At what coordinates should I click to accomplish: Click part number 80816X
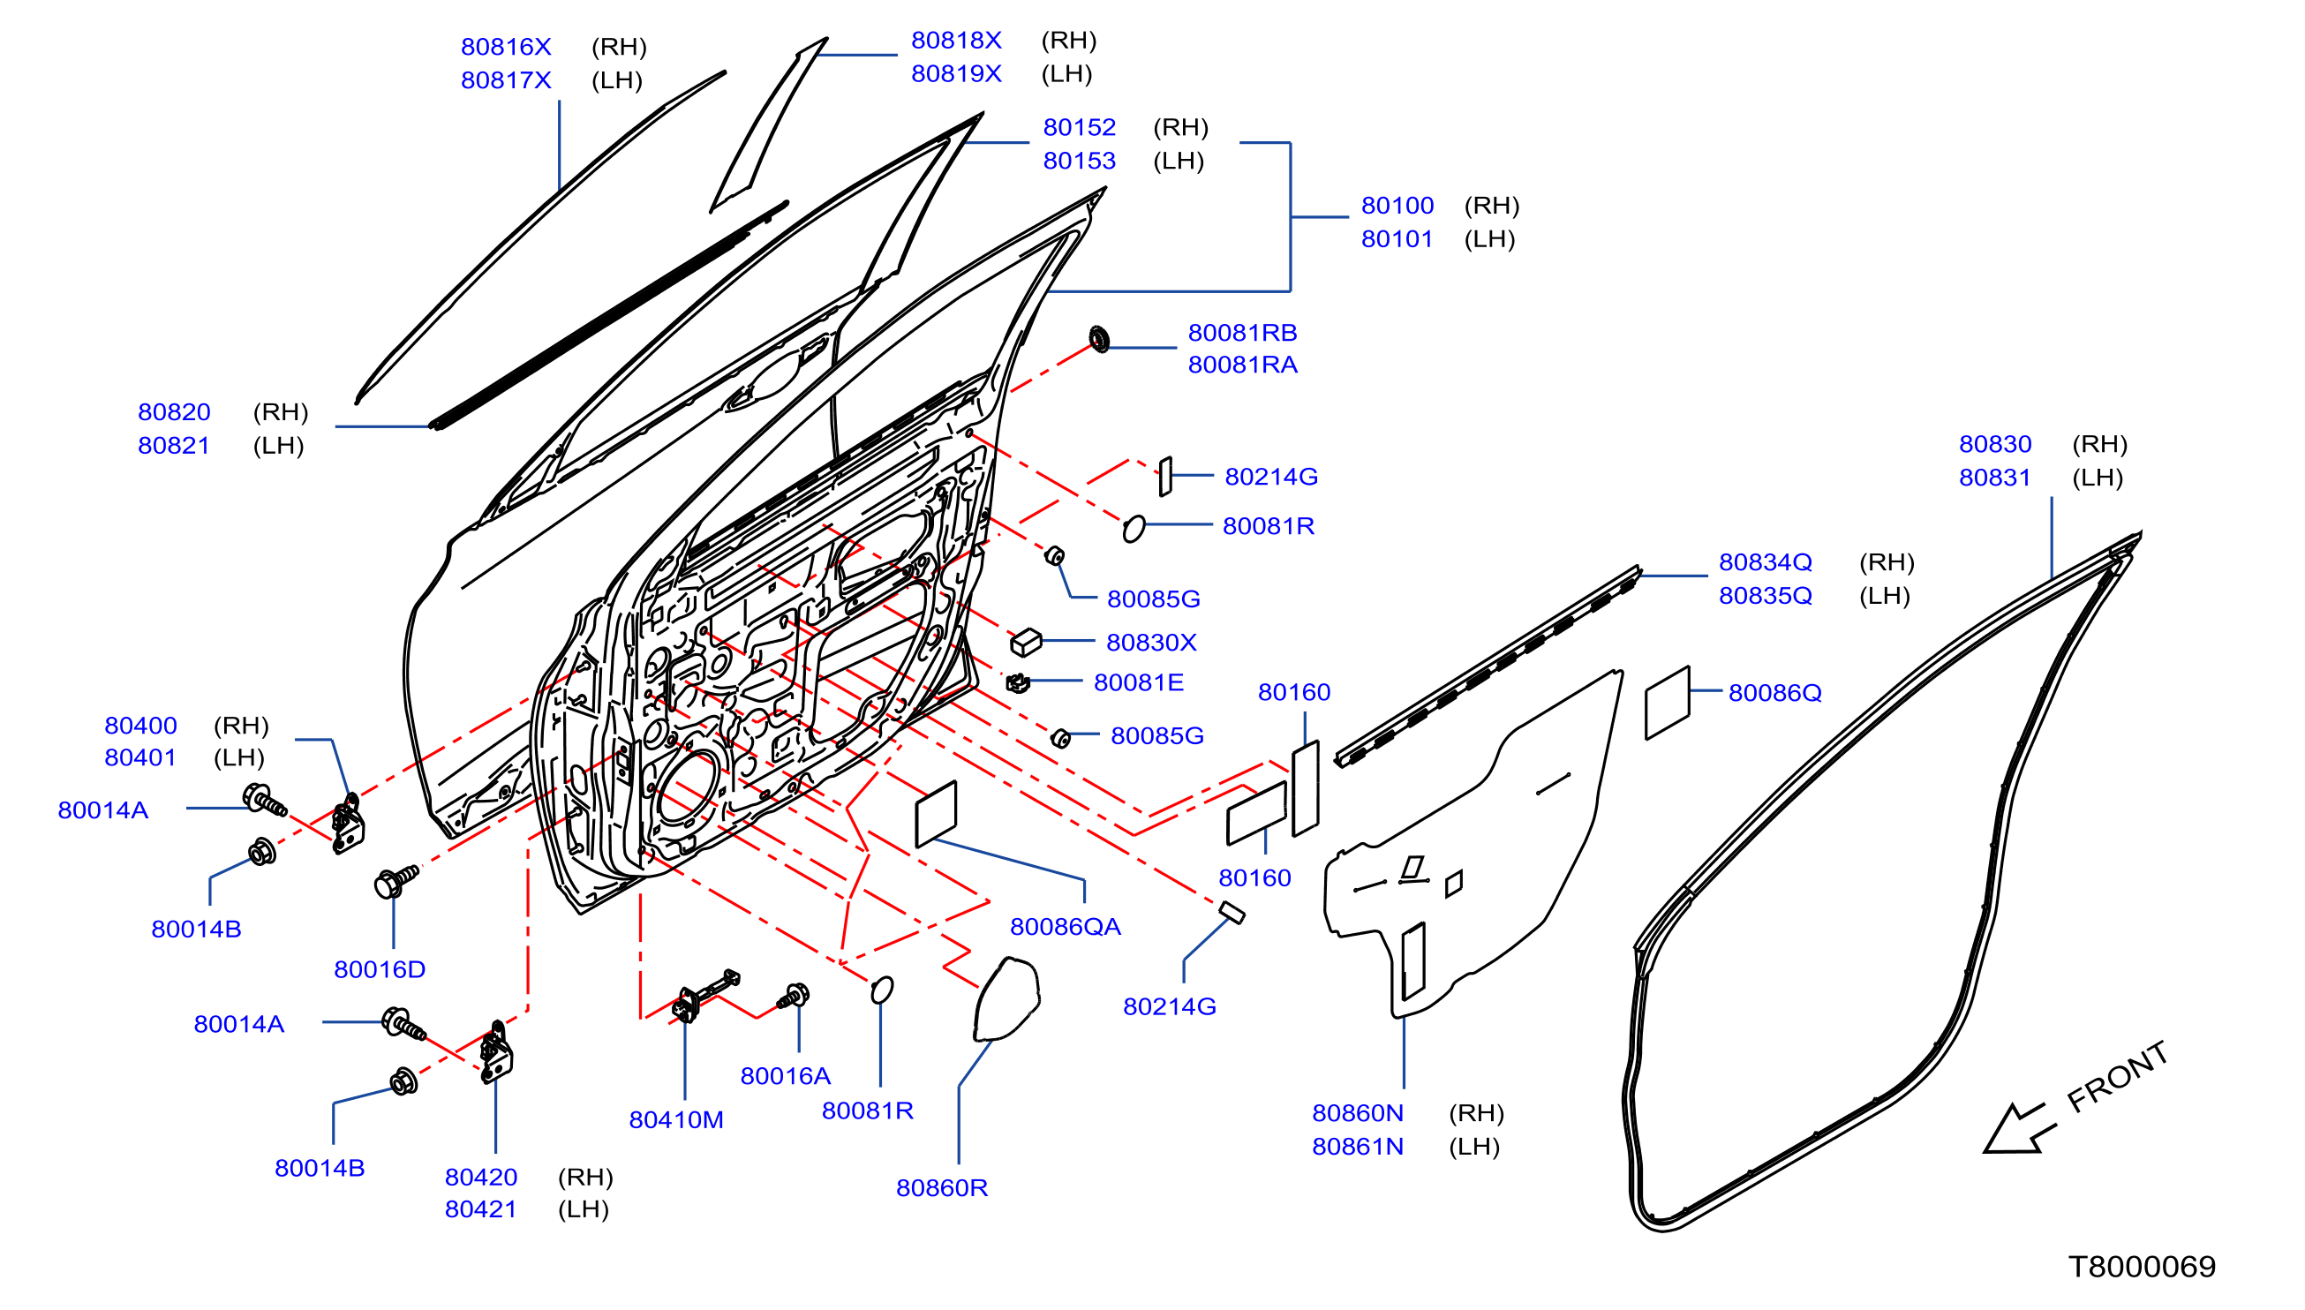click(506, 47)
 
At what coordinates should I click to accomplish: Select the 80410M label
click(675, 1120)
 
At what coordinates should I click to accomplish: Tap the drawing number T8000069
click(2142, 1267)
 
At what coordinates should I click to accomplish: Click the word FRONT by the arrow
click(2116, 1077)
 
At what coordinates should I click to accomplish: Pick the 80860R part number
click(942, 1187)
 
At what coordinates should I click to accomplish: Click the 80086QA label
click(1066, 927)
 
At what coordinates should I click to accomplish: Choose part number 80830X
click(1151, 643)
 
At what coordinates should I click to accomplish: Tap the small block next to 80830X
click(1026, 643)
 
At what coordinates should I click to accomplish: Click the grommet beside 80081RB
click(1098, 339)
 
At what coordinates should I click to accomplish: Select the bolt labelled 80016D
click(395, 881)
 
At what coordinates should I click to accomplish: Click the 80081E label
click(1138, 682)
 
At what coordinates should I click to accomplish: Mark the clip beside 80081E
click(1018, 683)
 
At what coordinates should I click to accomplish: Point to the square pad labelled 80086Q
click(1667, 703)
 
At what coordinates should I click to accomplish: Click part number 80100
click(1397, 205)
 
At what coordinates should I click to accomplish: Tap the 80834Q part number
click(1766, 561)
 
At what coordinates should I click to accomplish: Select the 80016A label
click(786, 1076)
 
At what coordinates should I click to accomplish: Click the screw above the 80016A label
click(794, 996)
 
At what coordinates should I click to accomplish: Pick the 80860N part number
click(1358, 1113)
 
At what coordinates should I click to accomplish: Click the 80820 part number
click(174, 412)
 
